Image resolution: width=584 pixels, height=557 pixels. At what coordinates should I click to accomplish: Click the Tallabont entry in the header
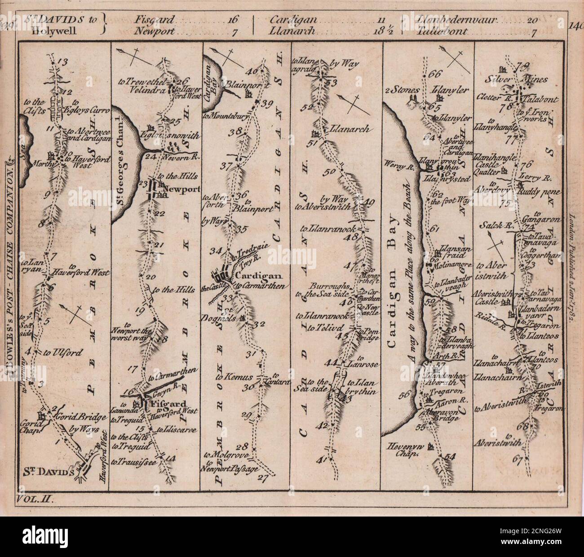(x=442, y=32)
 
